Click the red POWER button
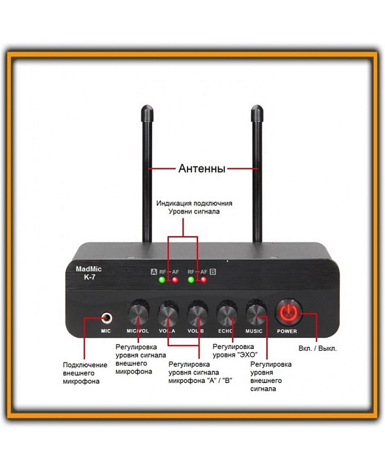[x=287, y=312]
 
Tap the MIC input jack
[x=106, y=318]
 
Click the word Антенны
[x=202, y=169]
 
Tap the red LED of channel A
[x=175, y=280]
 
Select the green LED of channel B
[x=190, y=280]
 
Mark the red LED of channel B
[x=203, y=280]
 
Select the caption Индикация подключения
[x=194, y=203]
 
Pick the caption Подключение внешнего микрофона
[x=85, y=373]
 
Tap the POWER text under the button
[x=287, y=331]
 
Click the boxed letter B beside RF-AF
[x=213, y=272]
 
